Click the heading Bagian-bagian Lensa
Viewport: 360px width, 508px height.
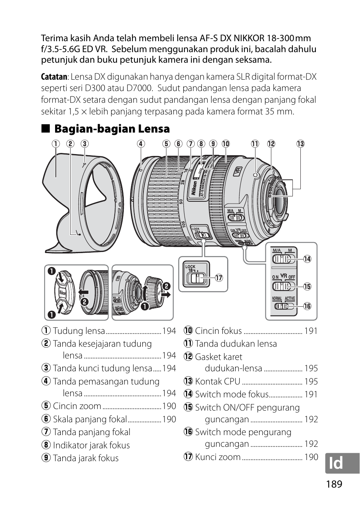coord(112,129)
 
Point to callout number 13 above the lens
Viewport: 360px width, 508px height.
coord(300,144)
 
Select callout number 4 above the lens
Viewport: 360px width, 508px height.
coord(140,144)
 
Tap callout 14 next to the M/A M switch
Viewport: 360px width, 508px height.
coord(307,259)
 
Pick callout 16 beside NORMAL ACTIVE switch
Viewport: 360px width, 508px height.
coord(307,306)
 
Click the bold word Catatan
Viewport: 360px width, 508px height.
coord(54,77)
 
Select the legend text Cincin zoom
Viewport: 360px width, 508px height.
coord(77,406)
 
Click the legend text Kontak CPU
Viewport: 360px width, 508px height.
coord(217,381)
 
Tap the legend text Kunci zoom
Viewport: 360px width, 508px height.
coord(218,457)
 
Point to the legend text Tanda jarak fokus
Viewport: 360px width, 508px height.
coord(86,458)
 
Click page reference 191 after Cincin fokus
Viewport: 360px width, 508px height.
coord(311,331)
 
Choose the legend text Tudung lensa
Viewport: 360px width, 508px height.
coord(79,331)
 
